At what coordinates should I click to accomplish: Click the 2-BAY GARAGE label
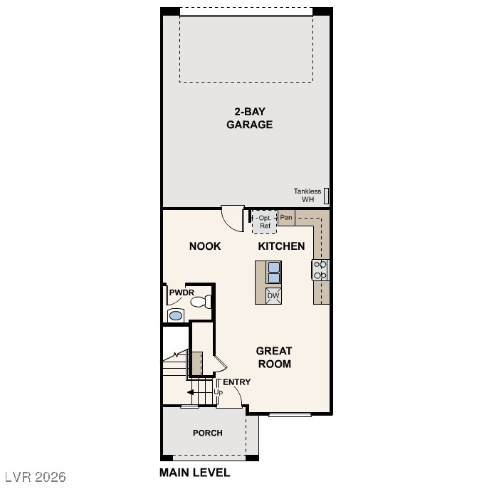pyautogui.click(x=249, y=117)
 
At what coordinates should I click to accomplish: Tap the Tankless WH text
pyautogui.click(x=307, y=195)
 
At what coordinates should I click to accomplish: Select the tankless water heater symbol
pyautogui.click(x=327, y=195)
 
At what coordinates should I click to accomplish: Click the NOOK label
pyautogui.click(x=205, y=246)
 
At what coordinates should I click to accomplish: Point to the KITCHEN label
pyautogui.click(x=281, y=246)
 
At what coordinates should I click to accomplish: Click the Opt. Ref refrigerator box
pyautogui.click(x=265, y=222)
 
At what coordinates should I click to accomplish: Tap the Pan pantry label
pyautogui.click(x=286, y=218)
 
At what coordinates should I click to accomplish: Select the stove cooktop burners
pyautogui.click(x=320, y=269)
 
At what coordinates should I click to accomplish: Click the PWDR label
pyautogui.click(x=182, y=293)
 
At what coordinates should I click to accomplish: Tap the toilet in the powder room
pyautogui.click(x=201, y=302)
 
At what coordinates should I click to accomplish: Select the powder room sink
pyautogui.click(x=175, y=315)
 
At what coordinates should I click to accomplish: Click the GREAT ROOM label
pyautogui.click(x=274, y=357)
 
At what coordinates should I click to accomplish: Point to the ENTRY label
pyautogui.click(x=236, y=382)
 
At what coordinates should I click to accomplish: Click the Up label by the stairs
pyautogui.click(x=218, y=392)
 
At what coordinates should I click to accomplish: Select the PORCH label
pyautogui.click(x=208, y=433)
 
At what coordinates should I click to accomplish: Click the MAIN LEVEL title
pyautogui.click(x=194, y=473)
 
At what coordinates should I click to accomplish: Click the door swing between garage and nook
pyautogui.click(x=233, y=217)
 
